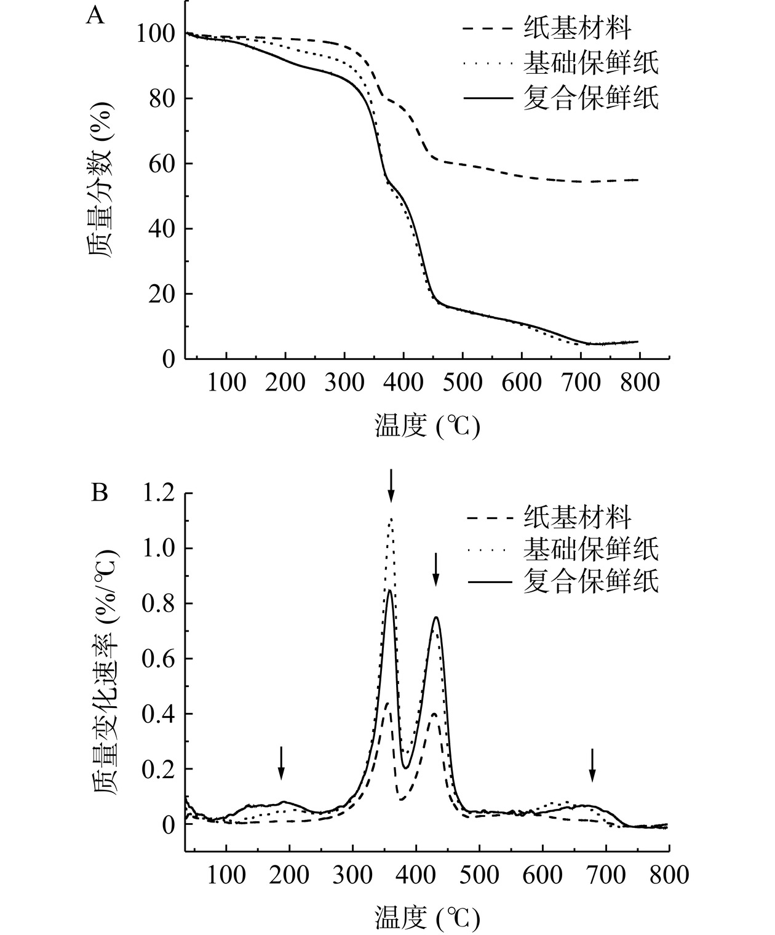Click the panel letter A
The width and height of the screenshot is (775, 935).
(95, 15)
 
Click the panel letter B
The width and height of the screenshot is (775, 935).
(100, 493)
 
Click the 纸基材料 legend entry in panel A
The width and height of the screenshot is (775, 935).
(578, 28)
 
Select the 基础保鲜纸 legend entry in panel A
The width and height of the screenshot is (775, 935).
(591, 62)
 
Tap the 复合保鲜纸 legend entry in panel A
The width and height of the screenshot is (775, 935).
(591, 98)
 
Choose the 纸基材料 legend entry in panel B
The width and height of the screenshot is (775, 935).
(578, 517)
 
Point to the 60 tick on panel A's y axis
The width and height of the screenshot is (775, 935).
(162, 164)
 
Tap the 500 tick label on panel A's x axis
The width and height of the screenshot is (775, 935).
(463, 383)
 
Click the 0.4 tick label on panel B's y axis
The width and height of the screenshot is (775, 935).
(159, 714)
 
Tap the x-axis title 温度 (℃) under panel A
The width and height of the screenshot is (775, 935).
(427, 426)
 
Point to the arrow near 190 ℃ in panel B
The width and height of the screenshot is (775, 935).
(281, 763)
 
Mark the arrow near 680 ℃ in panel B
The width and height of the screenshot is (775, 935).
(592, 765)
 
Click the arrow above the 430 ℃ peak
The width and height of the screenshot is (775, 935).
(435, 569)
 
